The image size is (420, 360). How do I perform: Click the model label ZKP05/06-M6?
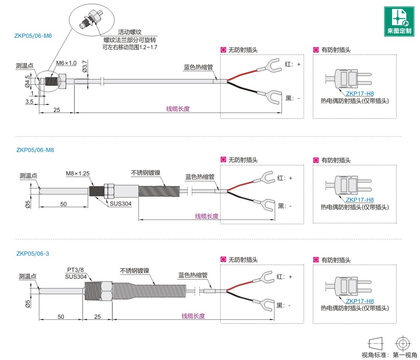(33, 36)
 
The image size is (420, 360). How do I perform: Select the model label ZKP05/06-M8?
(35, 150)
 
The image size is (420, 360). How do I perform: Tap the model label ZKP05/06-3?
(33, 254)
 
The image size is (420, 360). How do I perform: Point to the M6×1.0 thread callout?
(66, 63)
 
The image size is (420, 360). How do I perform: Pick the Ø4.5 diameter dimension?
(27, 81)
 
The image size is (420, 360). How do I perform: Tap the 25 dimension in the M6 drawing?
(57, 110)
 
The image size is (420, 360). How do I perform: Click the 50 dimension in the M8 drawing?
(64, 204)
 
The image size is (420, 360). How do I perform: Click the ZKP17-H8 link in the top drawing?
(359, 94)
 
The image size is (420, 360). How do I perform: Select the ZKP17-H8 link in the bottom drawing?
(359, 301)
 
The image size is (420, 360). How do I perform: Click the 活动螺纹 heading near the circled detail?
(129, 32)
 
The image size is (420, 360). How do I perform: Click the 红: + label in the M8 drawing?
(285, 178)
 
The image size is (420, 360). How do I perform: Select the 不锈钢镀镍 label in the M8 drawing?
(146, 173)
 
